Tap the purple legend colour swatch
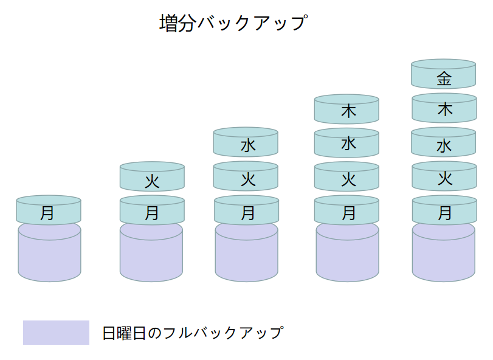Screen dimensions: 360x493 [56, 333]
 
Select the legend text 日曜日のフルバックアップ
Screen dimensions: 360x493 [193, 333]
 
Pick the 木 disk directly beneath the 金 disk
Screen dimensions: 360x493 [444, 109]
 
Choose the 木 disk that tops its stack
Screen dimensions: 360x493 [347, 111]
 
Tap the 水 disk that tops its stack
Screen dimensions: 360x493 [246, 144]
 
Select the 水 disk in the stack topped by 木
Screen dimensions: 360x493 [347, 145]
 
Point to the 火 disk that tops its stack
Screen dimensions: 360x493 [152, 179]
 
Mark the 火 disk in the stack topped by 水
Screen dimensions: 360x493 [246, 178]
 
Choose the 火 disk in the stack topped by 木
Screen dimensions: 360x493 [347, 179]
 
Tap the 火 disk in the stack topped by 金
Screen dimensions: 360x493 [444, 178]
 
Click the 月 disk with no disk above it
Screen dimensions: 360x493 [49, 212]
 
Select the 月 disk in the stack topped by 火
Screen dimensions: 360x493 [152, 212]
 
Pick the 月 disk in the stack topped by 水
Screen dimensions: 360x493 [246, 212]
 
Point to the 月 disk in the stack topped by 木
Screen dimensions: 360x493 [347, 212]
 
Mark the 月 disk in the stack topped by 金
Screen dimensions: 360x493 [444, 212]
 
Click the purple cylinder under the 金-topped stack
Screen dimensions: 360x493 [444, 255]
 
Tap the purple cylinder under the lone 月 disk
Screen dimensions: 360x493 [49, 255]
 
